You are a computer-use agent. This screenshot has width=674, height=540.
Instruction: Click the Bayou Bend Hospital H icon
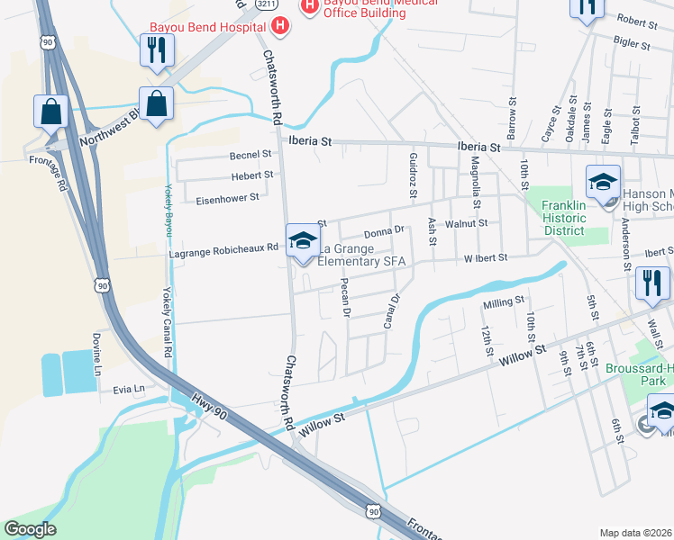[x=280, y=23]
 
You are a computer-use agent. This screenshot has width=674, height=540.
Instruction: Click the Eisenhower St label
[x=229, y=196]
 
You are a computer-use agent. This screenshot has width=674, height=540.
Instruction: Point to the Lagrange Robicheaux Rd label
[x=223, y=254]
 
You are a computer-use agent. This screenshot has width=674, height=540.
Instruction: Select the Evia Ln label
[x=129, y=389]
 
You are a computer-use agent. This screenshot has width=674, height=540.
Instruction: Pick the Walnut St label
[x=470, y=221]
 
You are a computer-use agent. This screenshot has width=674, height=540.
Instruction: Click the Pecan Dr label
[x=345, y=297]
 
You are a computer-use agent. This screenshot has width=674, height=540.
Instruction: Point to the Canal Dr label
[x=391, y=310]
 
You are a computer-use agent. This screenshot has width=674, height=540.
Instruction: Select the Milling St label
[x=503, y=305]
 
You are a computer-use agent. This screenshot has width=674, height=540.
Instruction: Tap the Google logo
[x=30, y=529]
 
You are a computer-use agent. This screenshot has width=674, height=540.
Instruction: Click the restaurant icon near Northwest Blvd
[x=153, y=52]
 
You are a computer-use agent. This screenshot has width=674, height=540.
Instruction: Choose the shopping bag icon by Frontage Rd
[x=50, y=112]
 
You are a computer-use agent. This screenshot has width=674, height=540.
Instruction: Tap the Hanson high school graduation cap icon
[x=602, y=184]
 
